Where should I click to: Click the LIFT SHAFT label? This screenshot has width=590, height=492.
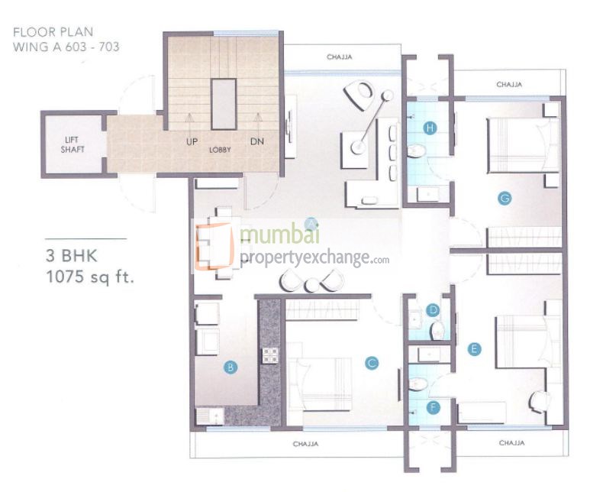coord(73,144)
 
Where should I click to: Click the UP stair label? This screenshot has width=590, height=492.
coord(192,141)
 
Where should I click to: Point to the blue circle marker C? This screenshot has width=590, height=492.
coord(372,364)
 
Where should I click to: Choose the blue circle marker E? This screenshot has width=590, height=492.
coord(475,349)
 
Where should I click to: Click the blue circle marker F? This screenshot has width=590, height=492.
coord(434,408)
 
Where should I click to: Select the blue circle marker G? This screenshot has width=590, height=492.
coord(504,199)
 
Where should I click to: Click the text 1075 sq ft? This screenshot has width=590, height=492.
coord(90,277)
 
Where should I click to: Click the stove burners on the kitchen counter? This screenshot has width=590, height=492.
coord(270,354)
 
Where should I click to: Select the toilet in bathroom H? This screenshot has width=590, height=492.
coord(417,151)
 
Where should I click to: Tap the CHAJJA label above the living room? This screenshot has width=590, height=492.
coord(339,57)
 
